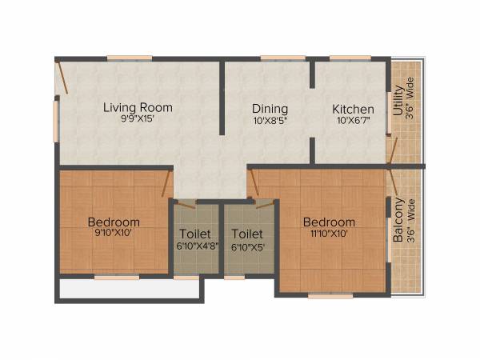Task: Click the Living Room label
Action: click(137, 107)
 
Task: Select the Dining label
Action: click(270, 109)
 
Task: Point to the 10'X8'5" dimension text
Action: click(270, 122)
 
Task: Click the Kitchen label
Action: click(353, 109)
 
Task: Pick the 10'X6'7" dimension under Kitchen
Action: click(353, 122)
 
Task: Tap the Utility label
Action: click(398, 101)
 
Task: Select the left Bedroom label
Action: click(114, 222)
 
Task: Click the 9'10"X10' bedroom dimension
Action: click(114, 234)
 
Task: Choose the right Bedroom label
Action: click(328, 222)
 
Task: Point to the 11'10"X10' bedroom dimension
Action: click(328, 234)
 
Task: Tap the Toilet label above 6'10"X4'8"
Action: click(195, 234)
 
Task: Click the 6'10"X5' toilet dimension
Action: click(248, 246)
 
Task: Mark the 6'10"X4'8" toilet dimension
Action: click(195, 246)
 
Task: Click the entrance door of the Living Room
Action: click(62, 78)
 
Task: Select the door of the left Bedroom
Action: click(166, 182)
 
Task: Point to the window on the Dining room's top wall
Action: click(277, 58)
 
